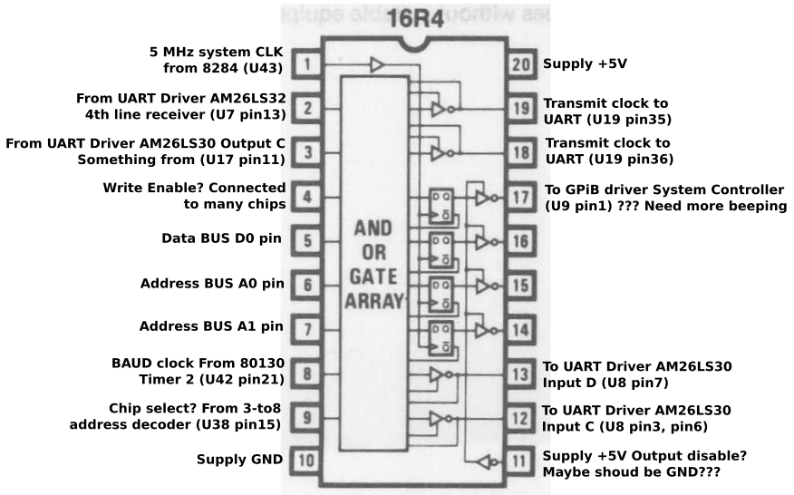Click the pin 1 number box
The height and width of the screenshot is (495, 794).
pyautogui.click(x=308, y=64)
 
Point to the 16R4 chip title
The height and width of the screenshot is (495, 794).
pyautogui.click(x=414, y=21)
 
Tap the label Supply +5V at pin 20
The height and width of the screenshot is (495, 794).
pyautogui.click(x=584, y=65)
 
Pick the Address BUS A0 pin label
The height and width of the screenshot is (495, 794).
pyautogui.click(x=212, y=283)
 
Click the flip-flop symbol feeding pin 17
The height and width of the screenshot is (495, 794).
pyautogui.click(x=441, y=201)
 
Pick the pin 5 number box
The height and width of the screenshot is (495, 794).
pyautogui.click(x=308, y=240)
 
